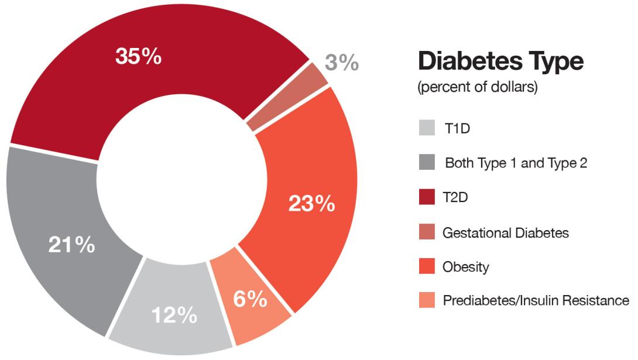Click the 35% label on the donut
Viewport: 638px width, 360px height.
[x=139, y=57]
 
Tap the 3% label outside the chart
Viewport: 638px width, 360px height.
[x=342, y=61]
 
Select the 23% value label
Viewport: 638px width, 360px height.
[x=311, y=204]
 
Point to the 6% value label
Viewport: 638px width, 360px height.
[x=251, y=299]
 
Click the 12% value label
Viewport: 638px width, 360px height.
[x=174, y=316]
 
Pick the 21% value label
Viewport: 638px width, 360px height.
[x=71, y=245]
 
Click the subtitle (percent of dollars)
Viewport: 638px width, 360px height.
[x=478, y=88]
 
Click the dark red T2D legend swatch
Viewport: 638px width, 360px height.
[x=427, y=198]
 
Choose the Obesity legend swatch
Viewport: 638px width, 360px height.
[x=427, y=267]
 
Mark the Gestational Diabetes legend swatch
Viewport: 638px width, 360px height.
[x=427, y=232]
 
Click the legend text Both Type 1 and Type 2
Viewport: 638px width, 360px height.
[x=516, y=163]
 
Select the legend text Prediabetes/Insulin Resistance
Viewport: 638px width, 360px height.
[x=536, y=301]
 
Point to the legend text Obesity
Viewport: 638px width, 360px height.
[x=465, y=267]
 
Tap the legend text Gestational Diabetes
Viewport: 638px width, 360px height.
[x=506, y=232]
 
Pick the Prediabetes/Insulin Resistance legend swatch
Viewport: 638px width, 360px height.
[x=427, y=301]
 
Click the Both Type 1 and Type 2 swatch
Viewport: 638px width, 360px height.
[x=427, y=163]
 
